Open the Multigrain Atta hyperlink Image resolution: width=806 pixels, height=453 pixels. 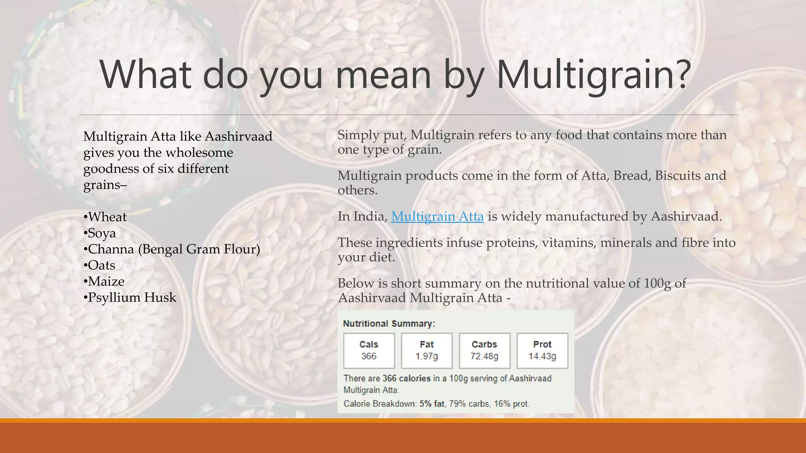(x=437, y=216)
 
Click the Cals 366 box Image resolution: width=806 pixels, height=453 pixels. (x=369, y=350)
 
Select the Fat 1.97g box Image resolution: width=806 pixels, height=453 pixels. (x=427, y=350)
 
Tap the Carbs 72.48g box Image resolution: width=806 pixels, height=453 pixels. (x=484, y=350)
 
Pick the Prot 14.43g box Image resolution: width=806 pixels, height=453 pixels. (x=542, y=350)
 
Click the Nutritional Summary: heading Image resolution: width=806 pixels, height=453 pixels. (x=389, y=324)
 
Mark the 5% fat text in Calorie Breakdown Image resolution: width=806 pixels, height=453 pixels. (x=432, y=404)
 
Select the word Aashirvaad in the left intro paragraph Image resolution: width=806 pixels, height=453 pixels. (x=238, y=136)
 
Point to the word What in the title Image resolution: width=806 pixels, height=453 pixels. (x=146, y=75)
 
